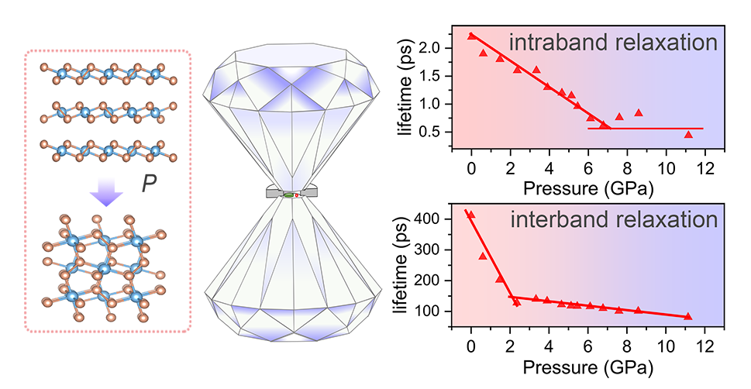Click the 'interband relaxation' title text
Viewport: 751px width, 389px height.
point(614,219)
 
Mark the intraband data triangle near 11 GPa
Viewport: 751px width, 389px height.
point(688,134)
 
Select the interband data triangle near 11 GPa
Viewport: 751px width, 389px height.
point(687,316)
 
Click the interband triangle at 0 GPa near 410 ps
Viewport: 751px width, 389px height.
point(470,215)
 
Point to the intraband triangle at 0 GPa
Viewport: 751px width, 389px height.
point(472,36)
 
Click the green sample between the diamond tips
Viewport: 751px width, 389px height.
point(288,195)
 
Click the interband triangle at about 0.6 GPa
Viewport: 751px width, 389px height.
point(483,256)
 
